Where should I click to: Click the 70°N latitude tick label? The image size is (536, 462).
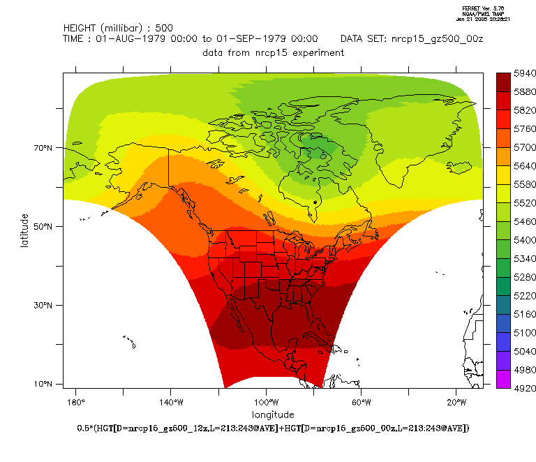click(45, 148)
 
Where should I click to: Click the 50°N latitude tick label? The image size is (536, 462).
click(45, 227)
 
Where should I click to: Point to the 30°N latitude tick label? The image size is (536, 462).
click(45, 306)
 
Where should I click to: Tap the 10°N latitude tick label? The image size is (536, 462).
click(45, 385)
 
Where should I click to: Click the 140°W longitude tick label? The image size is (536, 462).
click(171, 403)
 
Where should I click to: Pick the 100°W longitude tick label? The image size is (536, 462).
click(266, 403)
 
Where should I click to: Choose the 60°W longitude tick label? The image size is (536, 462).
click(361, 403)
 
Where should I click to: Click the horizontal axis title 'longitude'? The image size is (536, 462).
click(273, 415)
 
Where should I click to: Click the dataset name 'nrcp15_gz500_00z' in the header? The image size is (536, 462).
click(438, 39)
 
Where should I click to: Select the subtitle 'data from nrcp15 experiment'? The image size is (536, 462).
click(273, 52)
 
